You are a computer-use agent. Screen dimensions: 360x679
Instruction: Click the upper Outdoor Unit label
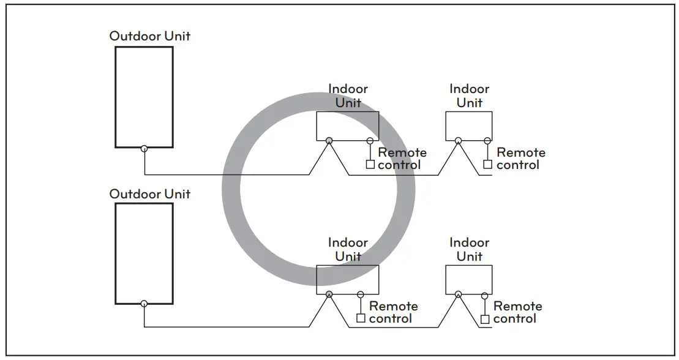(149, 36)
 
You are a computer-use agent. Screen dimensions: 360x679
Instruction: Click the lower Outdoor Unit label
(149, 193)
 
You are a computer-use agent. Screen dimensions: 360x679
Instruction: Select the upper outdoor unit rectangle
(144, 96)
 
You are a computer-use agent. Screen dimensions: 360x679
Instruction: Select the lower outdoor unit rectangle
(144, 253)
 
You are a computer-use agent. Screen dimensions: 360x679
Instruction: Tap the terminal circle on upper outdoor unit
(144, 148)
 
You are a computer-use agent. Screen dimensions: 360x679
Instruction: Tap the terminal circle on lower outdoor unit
(144, 304)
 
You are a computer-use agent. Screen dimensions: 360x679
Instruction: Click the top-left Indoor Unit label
(348, 96)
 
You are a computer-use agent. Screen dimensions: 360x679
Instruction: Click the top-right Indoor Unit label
(469, 96)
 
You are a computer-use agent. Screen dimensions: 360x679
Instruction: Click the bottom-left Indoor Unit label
(348, 249)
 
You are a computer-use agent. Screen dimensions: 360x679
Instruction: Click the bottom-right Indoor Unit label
(469, 249)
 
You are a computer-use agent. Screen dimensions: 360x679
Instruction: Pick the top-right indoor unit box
(469, 126)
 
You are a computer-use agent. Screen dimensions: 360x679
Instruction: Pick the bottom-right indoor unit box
(469, 280)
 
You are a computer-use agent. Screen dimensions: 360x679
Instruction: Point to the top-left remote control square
(370, 164)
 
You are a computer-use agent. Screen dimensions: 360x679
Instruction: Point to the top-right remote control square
(487, 164)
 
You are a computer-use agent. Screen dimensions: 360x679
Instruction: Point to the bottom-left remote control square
(361, 318)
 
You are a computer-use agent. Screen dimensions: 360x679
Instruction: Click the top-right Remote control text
(520, 159)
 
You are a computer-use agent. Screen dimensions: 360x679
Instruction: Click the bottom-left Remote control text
(393, 312)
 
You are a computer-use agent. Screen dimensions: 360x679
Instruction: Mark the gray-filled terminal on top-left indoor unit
(329, 141)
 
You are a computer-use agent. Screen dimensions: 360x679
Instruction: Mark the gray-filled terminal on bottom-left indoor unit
(329, 294)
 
